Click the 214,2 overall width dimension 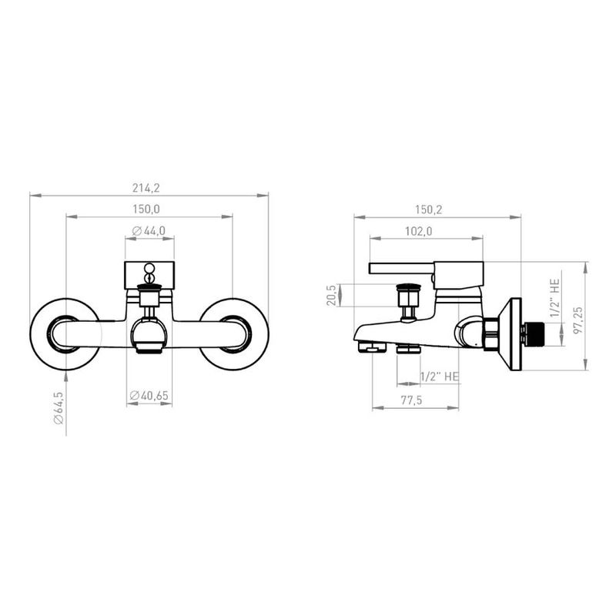click(146, 188)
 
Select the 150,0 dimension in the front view click(146, 209)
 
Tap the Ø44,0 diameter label click(149, 230)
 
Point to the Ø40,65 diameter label click(149, 395)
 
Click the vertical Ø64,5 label click(59, 408)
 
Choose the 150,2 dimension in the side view click(429, 209)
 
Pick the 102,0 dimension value click(418, 231)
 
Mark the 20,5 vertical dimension click(331, 295)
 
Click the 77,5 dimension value click(411, 400)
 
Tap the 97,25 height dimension click(578, 320)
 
